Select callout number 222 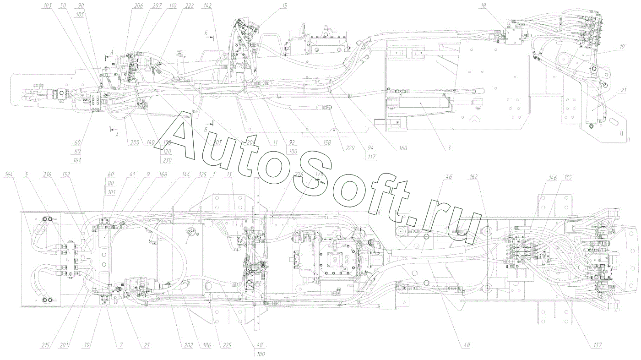[189, 5]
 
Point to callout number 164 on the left [9, 175]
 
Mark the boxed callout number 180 [261, 354]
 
